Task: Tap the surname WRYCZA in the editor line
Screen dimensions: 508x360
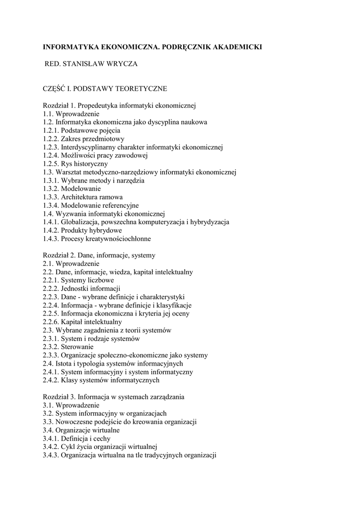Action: click(123, 64)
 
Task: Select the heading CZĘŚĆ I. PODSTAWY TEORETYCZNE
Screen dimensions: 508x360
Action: click(105, 89)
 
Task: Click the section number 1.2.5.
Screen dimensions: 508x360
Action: click(51, 164)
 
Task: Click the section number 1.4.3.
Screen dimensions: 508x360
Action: click(51, 239)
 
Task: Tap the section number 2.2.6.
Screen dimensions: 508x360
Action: click(51, 322)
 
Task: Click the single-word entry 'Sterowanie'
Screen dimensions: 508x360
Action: click(77, 347)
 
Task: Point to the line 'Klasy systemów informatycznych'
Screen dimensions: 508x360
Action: click(110, 380)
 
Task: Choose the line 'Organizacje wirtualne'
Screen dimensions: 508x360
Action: click(87, 430)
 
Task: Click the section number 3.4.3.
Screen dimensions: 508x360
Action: click(51, 455)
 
